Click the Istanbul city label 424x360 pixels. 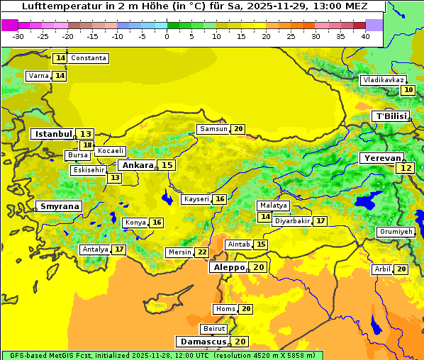53,134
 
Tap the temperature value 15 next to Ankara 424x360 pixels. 167,165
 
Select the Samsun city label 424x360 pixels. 213,129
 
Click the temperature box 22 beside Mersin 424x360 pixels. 202,252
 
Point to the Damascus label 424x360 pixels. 202,342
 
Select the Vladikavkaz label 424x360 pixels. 384,80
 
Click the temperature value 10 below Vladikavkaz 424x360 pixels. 408,90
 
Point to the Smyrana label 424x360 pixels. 60,206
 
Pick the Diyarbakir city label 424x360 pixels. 292,221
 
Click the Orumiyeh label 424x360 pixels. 395,232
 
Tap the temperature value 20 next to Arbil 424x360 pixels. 401,269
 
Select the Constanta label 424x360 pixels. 89,58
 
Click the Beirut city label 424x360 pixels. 214,329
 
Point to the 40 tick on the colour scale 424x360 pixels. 365,35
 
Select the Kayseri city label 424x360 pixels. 196,199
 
